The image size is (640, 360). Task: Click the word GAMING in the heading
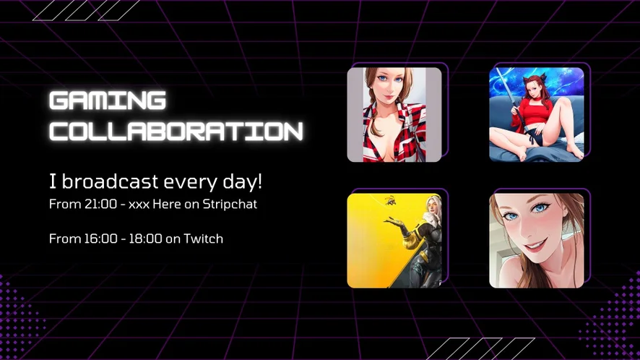pyautogui.click(x=108, y=100)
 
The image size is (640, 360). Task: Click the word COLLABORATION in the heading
pyautogui.click(x=176, y=131)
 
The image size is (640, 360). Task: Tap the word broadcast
pyautogui.click(x=110, y=181)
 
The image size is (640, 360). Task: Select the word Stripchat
pyautogui.click(x=230, y=204)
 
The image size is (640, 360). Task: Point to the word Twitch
pyautogui.click(x=203, y=239)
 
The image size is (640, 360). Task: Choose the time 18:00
pyautogui.click(x=145, y=239)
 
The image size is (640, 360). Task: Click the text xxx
pyautogui.click(x=139, y=205)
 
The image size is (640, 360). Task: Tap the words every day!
pyautogui.click(x=212, y=182)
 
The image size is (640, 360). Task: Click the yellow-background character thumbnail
pyautogui.click(x=394, y=241)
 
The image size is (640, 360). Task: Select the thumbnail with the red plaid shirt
pyautogui.click(x=394, y=114)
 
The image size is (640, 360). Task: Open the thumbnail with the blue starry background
pyautogui.click(x=536, y=114)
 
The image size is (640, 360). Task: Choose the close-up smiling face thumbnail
pyautogui.click(x=536, y=241)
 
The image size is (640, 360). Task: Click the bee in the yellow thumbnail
pyautogui.click(x=389, y=200)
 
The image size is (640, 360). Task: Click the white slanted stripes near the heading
pyautogui.click(x=87, y=10)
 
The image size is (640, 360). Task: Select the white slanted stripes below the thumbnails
pyautogui.click(x=480, y=348)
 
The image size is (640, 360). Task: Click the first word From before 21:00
pyautogui.click(x=65, y=204)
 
